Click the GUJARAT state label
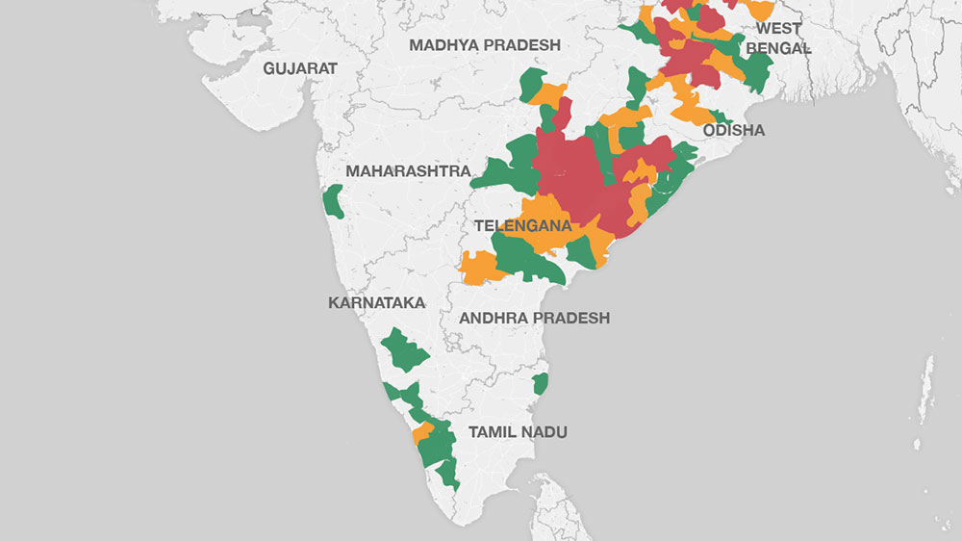tap(300, 68)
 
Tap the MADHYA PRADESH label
tap(484, 45)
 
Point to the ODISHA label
tap(734, 130)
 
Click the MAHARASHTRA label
tap(408, 171)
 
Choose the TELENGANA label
tap(522, 226)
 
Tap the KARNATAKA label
tap(376, 302)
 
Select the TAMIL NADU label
tap(518, 432)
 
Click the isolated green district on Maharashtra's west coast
tap(334, 201)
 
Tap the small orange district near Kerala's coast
tap(421, 433)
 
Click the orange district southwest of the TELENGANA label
tap(478, 268)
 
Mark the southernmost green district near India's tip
tap(448, 476)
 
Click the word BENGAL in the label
tap(778, 47)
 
